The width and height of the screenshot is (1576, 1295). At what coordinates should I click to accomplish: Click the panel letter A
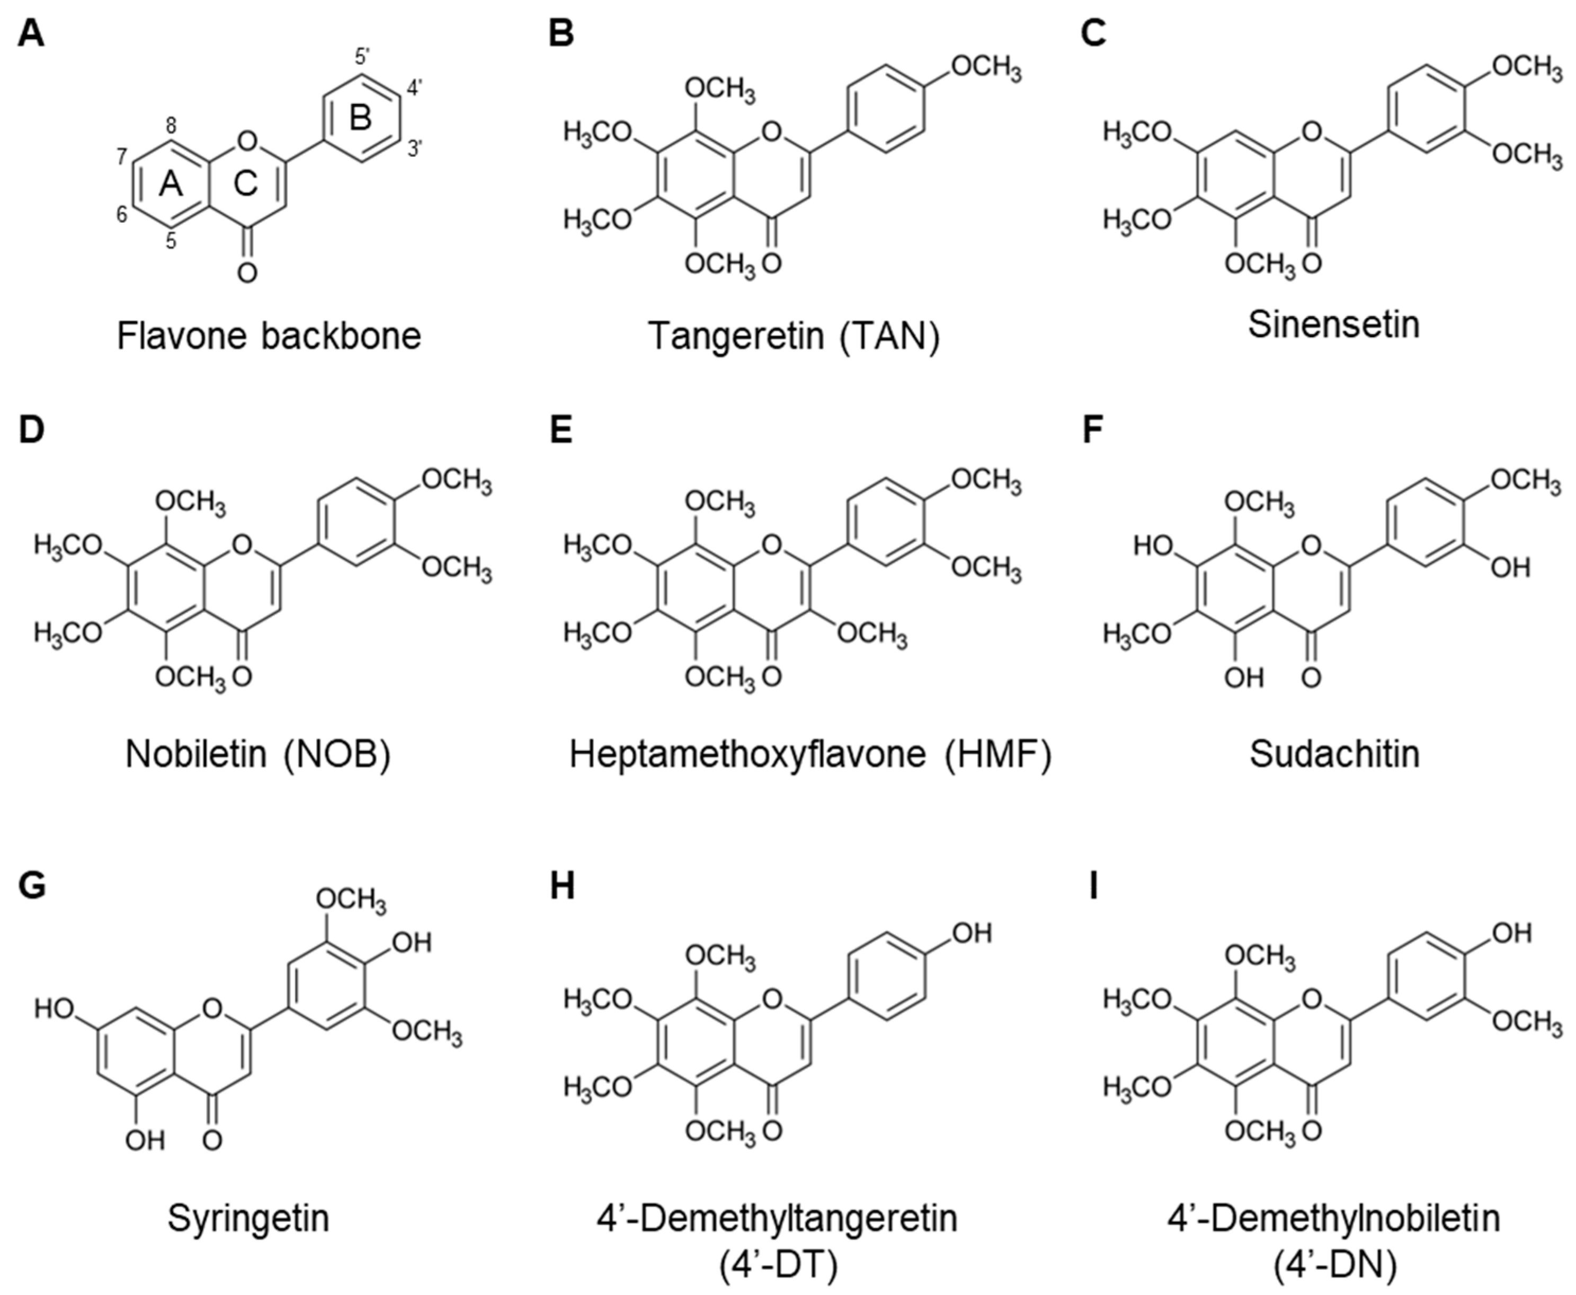(31, 33)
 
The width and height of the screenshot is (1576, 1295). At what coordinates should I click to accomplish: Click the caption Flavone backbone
(269, 336)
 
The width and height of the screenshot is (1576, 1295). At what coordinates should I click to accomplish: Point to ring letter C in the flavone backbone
(246, 183)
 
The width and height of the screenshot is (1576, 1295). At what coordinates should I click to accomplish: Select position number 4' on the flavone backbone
(414, 89)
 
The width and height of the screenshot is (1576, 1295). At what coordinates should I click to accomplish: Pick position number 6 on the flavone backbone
(122, 215)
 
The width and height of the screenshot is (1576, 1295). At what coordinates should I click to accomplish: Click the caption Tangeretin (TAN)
(794, 336)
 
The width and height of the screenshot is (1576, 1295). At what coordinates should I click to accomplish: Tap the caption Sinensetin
(1334, 324)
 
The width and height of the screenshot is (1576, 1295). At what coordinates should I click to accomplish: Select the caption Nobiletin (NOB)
(258, 753)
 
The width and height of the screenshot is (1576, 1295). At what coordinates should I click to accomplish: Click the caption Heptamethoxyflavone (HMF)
(811, 753)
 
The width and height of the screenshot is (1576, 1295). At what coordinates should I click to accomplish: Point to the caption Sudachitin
(1334, 753)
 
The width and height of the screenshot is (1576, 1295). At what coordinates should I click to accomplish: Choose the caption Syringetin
(248, 1218)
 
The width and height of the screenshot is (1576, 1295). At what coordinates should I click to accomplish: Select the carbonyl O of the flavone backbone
(247, 272)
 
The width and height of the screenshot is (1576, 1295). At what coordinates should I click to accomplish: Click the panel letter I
(1093, 887)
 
